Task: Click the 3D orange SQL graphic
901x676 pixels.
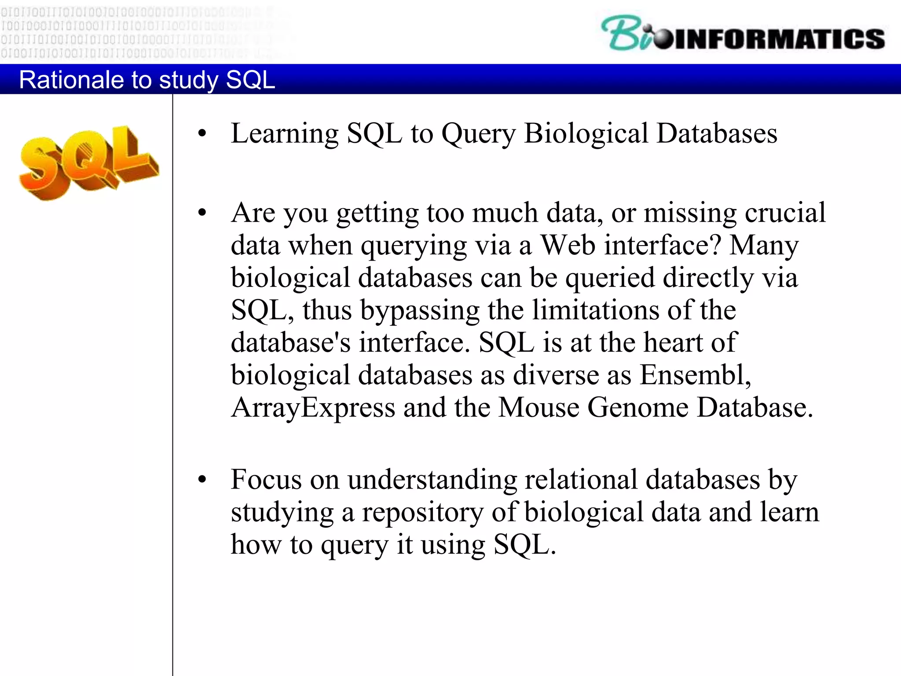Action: (x=88, y=163)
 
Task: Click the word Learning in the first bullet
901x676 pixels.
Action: (x=284, y=134)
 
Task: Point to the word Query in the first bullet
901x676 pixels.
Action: (x=478, y=134)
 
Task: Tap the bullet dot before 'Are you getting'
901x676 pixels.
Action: (x=202, y=213)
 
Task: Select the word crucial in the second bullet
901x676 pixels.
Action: (x=785, y=213)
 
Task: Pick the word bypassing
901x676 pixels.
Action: (x=420, y=310)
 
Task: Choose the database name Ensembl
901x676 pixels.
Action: (x=695, y=375)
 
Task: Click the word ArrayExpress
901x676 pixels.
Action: (x=313, y=408)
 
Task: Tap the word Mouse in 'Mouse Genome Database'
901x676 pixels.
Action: (x=539, y=408)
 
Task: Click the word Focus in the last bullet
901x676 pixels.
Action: (x=266, y=480)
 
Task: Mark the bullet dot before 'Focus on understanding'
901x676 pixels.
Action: (x=202, y=480)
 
